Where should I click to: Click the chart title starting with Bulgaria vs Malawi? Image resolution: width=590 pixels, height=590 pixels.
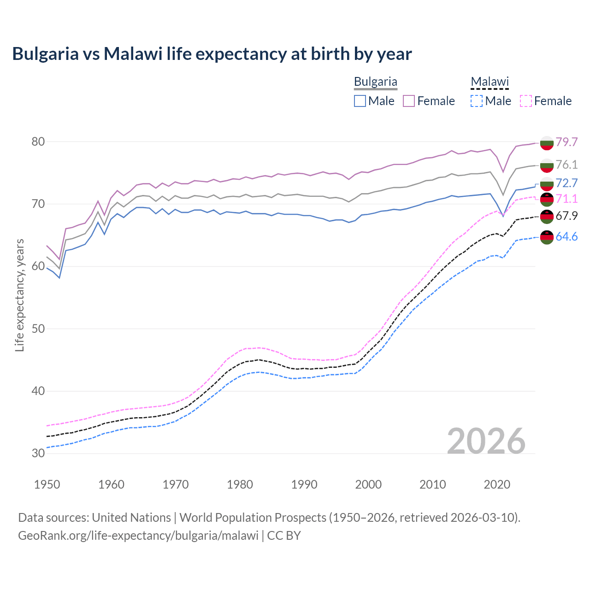(212, 54)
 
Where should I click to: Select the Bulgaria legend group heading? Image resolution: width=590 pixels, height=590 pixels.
(375, 82)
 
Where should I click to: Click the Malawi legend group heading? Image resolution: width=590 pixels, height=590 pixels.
(489, 82)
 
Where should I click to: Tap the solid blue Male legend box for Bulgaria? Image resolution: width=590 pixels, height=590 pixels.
(360, 101)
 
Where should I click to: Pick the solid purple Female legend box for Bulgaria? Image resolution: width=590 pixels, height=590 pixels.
(409, 101)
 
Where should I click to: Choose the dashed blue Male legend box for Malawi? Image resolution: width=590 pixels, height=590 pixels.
(477, 101)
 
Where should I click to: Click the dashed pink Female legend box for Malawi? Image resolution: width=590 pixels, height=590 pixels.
(526, 101)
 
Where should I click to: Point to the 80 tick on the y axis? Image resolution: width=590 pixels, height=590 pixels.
(38, 142)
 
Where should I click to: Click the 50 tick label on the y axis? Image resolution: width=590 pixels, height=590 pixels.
(38, 329)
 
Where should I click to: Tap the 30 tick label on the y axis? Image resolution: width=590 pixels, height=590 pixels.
(38, 453)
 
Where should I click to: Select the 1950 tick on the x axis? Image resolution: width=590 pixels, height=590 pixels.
(47, 484)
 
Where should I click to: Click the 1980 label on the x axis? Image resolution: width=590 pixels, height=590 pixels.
(240, 484)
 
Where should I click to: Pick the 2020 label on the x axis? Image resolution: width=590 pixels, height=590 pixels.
(497, 484)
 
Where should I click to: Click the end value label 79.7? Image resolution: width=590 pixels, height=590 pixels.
(566, 142)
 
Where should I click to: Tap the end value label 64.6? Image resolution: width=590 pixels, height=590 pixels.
(566, 237)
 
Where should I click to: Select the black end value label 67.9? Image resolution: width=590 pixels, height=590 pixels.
(566, 216)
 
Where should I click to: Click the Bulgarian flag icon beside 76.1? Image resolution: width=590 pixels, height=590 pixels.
(547, 165)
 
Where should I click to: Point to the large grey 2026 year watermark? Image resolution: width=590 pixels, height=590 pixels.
(486, 441)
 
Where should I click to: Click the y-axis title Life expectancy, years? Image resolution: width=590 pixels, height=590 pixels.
(20, 295)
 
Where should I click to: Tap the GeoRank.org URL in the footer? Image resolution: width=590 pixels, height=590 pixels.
(138, 536)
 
